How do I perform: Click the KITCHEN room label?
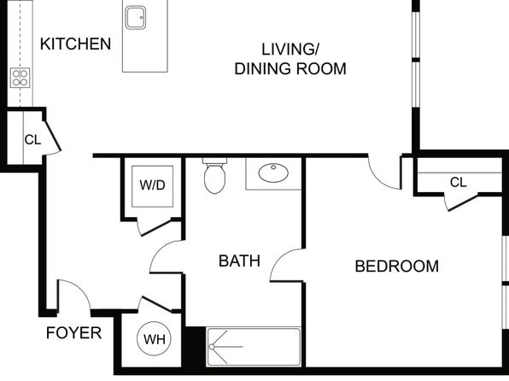pos(75,44)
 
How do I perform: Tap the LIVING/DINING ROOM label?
pos(290,59)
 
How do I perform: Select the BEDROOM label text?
pos(396,266)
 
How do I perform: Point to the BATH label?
pos(239,261)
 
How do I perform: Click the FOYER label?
pos(73,333)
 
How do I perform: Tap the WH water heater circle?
pos(155,338)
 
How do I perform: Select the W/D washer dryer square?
pos(152,186)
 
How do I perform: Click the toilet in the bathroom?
pos(214,176)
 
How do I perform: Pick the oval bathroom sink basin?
pos(273,173)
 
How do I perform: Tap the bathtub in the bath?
pos(254,347)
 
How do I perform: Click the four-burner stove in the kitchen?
pos(20,78)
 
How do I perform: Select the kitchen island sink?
pos(136,18)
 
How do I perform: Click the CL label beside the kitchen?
pos(32,139)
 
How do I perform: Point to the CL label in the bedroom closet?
pos(458,182)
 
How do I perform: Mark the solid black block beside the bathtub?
pos(195,347)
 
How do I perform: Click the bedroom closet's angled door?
pos(462,202)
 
